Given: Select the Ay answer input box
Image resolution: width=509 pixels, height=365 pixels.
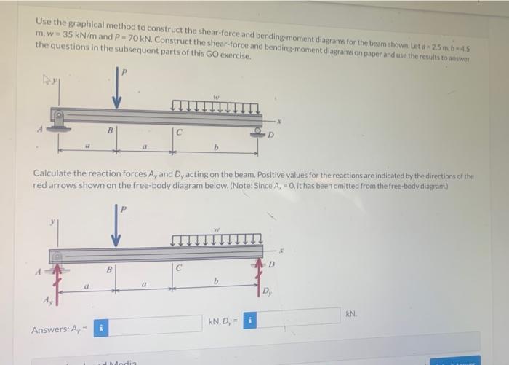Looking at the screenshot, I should pyautogui.click(x=156, y=324).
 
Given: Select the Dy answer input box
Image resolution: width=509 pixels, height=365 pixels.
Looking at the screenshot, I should pyautogui.click(x=299, y=317).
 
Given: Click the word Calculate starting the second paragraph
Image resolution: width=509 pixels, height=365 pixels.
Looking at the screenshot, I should pyautogui.click(x=55, y=176).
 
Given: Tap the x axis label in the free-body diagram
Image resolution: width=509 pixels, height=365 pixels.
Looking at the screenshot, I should pyautogui.click(x=281, y=250).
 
